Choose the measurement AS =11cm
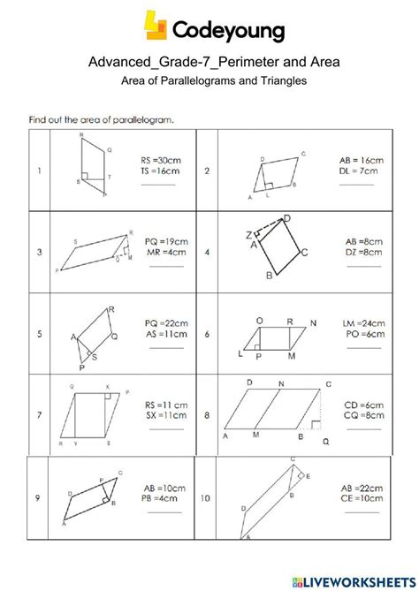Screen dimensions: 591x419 pyautogui.click(x=164, y=336)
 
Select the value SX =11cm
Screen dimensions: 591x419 pyautogui.click(x=166, y=414)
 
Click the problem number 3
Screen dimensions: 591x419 pyautogui.click(x=40, y=253)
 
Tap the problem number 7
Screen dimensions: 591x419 pyautogui.click(x=40, y=414)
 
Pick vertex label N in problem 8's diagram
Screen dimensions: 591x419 pyautogui.click(x=281, y=384)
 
